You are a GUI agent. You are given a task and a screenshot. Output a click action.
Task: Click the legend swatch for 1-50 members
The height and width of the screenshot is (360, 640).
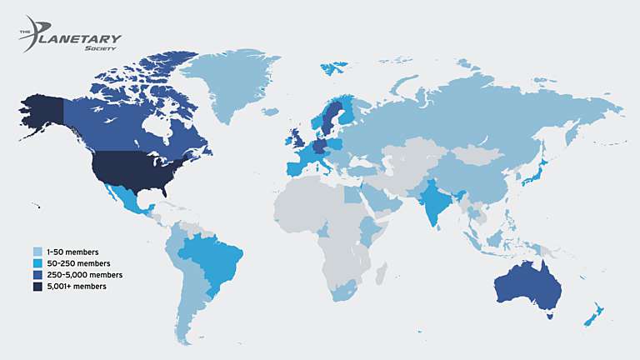pyautogui.click(x=37, y=251)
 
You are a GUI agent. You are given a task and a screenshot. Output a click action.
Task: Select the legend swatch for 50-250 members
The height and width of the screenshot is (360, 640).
pyautogui.click(x=37, y=262)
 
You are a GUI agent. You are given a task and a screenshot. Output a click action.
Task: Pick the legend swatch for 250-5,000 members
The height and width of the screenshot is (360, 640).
pyautogui.click(x=37, y=274)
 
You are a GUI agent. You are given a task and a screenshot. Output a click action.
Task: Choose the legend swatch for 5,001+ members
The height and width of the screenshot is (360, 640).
pyautogui.click(x=37, y=286)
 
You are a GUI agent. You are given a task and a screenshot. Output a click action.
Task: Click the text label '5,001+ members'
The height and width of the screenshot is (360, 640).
pyautogui.click(x=78, y=286)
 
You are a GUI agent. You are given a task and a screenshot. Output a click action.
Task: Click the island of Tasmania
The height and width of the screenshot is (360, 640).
pyautogui.click(x=549, y=316)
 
